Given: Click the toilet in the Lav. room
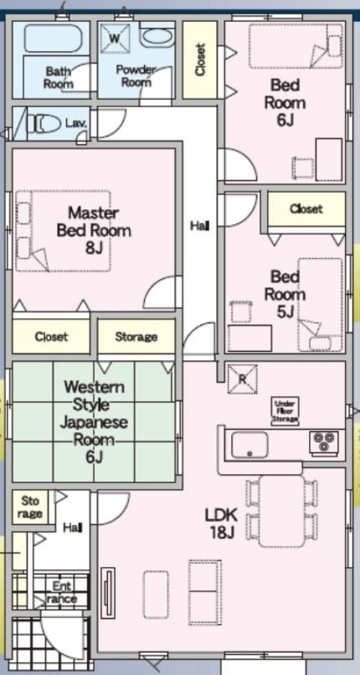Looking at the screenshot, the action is [44, 124].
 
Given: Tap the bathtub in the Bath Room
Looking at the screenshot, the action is [53, 39].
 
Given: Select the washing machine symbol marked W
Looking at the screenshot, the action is [115, 38].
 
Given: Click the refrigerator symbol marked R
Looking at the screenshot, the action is [242, 379].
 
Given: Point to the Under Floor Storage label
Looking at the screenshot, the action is [285, 411].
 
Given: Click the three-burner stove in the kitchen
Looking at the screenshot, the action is [324, 442].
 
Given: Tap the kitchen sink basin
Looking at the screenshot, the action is [249, 445].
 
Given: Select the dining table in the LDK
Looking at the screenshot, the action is [282, 511].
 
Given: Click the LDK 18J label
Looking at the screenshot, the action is [220, 523].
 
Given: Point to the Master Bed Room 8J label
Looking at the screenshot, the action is [94, 230].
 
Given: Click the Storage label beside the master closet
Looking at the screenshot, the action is [136, 337].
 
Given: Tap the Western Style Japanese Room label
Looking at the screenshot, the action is [94, 421].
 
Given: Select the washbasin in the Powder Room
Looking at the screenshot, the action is [157, 38].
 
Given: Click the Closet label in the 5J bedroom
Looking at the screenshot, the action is [306, 209].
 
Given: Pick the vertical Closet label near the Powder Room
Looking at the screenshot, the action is [199, 59].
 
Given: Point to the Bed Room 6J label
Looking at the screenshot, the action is [285, 103].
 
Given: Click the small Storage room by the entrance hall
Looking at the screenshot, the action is [30, 507].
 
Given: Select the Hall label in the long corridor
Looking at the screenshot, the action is [200, 226].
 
